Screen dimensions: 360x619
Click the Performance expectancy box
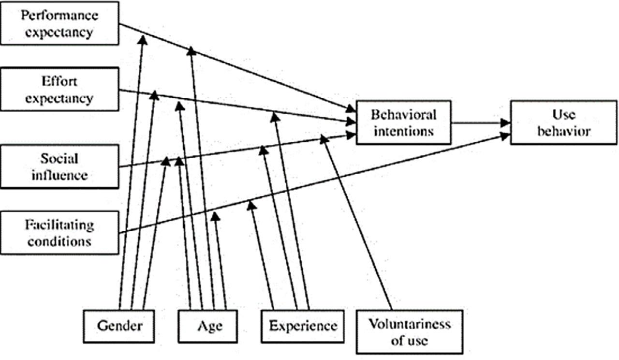coord(59,23)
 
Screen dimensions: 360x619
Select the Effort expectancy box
coord(59,90)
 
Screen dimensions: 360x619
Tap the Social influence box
coord(59,166)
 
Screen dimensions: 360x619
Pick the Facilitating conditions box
coord(59,232)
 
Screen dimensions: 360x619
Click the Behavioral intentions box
coord(403,122)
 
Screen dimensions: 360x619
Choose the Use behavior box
coord(563,122)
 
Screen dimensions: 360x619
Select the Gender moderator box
coord(119,326)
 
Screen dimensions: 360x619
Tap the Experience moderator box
coord(303,326)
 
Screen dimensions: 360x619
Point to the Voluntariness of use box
coord(409,331)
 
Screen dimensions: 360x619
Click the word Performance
coord(59,15)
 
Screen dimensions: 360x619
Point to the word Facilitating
coord(59,225)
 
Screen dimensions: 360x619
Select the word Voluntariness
coord(409,324)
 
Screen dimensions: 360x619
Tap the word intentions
coord(404,131)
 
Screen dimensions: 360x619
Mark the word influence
coord(59,174)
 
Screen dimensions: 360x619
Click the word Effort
coord(59,81)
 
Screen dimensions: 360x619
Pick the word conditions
coord(59,240)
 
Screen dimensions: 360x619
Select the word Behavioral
coord(404,115)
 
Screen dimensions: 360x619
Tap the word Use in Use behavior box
coord(563,115)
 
